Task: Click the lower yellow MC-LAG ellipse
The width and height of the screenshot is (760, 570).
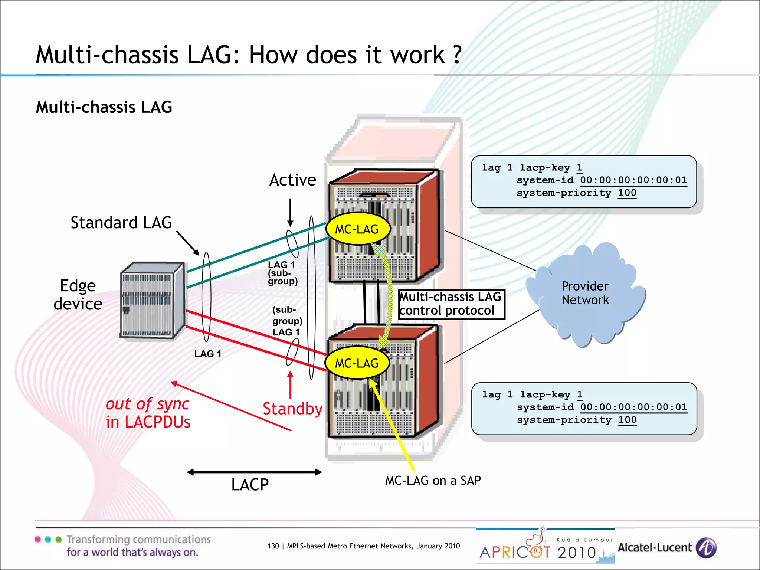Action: [357, 363]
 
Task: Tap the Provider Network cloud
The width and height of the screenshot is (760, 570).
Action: [585, 293]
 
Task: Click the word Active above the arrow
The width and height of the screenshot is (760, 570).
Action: [292, 180]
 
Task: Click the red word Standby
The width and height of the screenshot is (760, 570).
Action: [292, 409]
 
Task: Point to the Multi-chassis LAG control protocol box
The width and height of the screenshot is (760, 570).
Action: [451, 304]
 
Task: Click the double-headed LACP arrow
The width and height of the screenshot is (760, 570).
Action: [254, 472]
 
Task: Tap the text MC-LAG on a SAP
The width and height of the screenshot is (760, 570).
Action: [433, 481]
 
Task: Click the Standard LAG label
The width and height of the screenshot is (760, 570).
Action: [121, 223]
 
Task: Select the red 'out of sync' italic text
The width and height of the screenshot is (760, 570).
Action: [147, 404]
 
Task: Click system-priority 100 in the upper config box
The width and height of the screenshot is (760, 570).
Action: [576, 193]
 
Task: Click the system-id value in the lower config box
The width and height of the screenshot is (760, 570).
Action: [633, 407]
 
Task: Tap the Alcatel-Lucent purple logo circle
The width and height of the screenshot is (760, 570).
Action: [706, 548]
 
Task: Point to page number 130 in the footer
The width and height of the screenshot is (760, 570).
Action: [273, 546]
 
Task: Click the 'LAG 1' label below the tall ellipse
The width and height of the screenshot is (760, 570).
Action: [208, 354]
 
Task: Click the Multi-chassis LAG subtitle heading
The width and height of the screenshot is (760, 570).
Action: [104, 107]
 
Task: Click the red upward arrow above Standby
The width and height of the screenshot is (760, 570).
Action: [290, 384]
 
